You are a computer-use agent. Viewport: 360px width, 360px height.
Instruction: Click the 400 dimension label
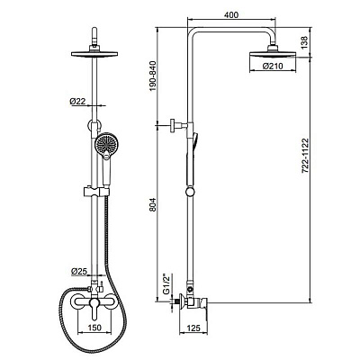click(231, 14)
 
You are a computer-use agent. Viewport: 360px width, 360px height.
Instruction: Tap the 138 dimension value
click(304, 42)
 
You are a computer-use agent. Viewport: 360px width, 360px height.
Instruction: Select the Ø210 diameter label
click(273, 66)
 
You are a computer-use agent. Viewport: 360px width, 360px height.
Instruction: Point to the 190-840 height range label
click(153, 76)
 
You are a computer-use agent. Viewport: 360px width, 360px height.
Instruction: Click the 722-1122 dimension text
click(305, 156)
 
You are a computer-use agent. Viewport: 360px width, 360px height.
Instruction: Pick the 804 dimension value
click(153, 205)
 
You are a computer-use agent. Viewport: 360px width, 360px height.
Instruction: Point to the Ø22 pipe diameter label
click(77, 102)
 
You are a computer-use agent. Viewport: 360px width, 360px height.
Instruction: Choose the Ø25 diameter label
click(79, 272)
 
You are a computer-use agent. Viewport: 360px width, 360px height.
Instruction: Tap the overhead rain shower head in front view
click(94, 53)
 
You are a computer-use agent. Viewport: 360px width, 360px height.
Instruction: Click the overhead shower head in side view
click(273, 54)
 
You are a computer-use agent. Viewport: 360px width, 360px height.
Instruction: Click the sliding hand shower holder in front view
click(94, 192)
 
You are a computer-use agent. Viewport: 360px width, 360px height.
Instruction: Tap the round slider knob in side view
click(190, 192)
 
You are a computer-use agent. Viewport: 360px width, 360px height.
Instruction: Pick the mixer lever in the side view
click(204, 307)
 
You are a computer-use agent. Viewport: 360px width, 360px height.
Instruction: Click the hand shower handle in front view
click(105, 169)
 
